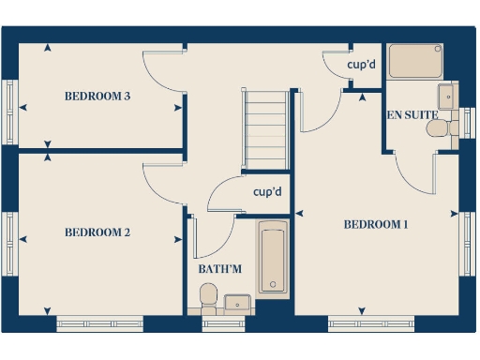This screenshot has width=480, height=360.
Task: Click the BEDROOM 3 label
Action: (x=97, y=96)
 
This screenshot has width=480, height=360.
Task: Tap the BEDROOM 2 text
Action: (x=97, y=232)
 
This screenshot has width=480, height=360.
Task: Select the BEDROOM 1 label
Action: (x=376, y=224)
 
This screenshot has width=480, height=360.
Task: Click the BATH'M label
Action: (x=219, y=270)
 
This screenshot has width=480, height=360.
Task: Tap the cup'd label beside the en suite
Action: (x=361, y=66)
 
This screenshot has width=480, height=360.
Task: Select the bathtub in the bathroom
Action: (x=273, y=259)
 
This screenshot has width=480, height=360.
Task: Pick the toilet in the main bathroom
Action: (x=208, y=299)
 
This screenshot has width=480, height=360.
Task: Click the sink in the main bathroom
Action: (x=235, y=302)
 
